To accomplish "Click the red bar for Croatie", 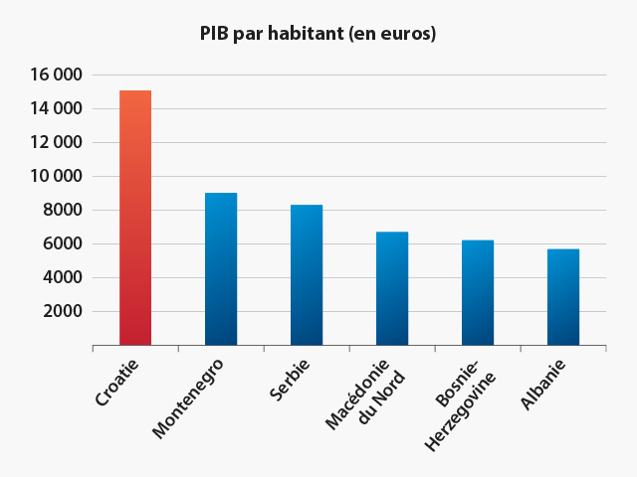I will coord(135,218).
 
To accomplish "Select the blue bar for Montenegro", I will coord(221,268).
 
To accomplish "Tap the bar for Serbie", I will coord(307,274).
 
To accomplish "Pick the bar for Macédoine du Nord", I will coord(392,288).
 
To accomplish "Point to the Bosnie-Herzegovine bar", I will coord(478,292).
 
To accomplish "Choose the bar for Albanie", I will coord(563,296).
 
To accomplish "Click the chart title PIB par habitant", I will coord(318,33).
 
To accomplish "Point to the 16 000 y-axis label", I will coord(54,75).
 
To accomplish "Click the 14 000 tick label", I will coord(54,108).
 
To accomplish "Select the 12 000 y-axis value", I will coord(54,142).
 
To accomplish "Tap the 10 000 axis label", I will coord(54,176).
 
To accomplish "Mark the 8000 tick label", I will coord(61,210).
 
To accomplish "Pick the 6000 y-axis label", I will coord(61,243).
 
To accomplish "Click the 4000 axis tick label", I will coord(61,277).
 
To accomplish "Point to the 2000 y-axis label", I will coord(61,311).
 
